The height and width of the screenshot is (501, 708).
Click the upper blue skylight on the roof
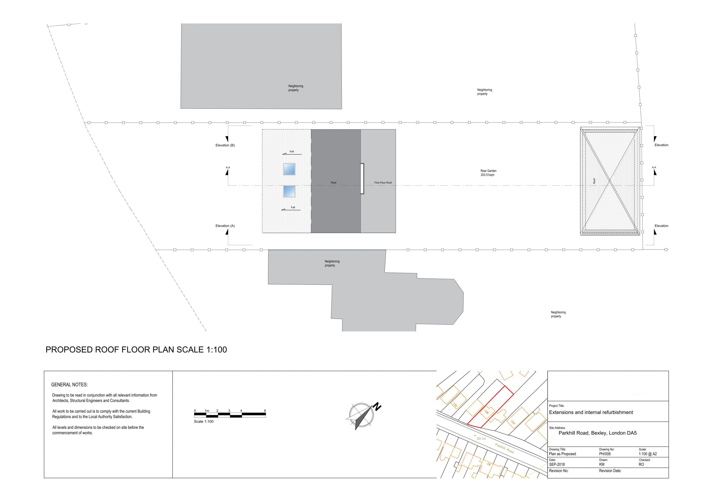pos(289,169)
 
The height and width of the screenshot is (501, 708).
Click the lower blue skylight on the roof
pos(289,191)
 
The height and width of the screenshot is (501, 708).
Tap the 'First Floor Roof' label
pos(383,183)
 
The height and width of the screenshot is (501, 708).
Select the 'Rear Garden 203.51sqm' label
pos(488,173)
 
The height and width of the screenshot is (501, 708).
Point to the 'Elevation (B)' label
pos(225,145)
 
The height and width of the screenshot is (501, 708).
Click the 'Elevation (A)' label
pos(225,226)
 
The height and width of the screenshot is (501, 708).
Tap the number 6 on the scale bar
pos(265,411)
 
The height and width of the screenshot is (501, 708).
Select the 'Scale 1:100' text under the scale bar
pos(204,421)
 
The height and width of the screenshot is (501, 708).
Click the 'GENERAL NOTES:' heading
pos(69,385)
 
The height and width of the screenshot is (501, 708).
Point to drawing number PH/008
pos(605,454)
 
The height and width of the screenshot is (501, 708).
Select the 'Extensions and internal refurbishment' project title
pos(591,412)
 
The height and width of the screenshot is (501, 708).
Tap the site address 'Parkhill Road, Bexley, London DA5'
pos(598,433)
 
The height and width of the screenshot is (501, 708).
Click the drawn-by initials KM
pos(602,464)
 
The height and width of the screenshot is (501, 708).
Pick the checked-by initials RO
pos(641,464)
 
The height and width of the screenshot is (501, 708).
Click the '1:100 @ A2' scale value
pos(648,454)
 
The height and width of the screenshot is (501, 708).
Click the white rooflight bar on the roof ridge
pos(362,179)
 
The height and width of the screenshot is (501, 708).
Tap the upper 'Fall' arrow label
pos(291,152)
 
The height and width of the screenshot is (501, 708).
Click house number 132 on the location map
pos(455,405)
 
